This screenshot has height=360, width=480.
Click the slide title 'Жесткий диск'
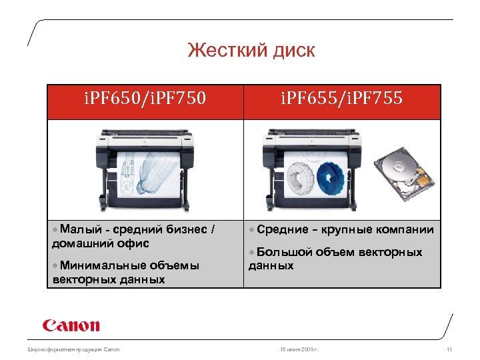click(x=251, y=50)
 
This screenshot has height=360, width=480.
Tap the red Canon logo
click(x=71, y=326)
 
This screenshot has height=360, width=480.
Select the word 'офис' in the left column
click(x=129, y=243)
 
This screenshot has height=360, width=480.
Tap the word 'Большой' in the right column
click(x=284, y=253)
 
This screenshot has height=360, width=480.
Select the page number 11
click(x=449, y=349)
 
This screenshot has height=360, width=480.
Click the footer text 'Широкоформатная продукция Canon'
click(x=73, y=349)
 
